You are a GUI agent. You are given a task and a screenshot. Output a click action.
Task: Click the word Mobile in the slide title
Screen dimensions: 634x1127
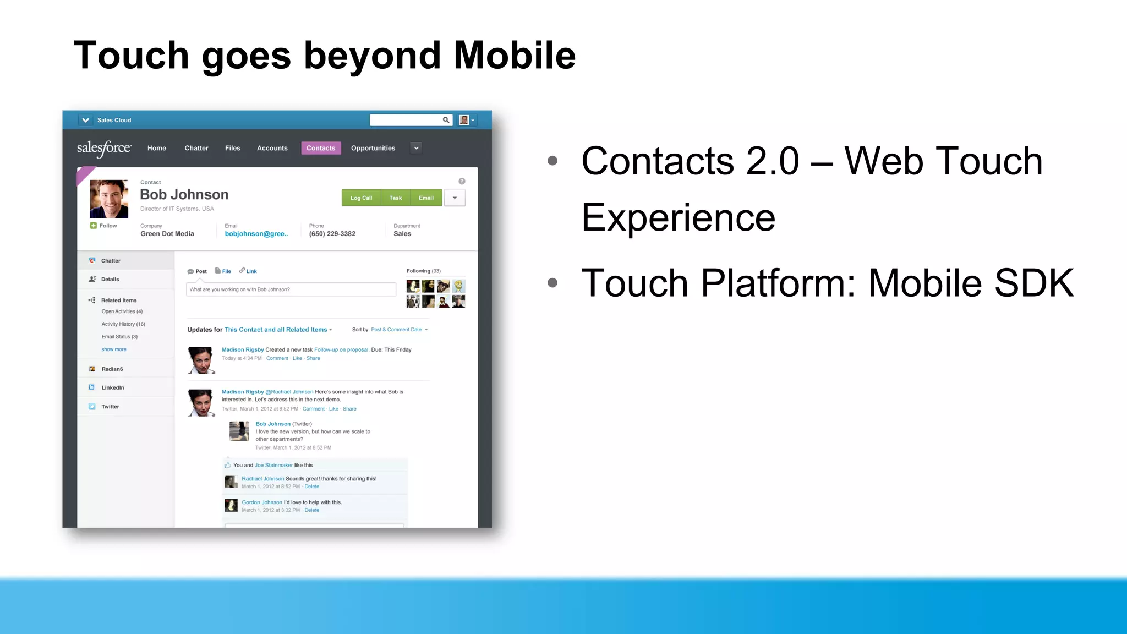pos(514,56)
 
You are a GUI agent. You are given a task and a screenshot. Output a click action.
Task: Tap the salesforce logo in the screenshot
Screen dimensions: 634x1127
pos(104,148)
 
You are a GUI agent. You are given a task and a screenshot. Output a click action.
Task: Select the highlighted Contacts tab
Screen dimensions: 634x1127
pos(321,148)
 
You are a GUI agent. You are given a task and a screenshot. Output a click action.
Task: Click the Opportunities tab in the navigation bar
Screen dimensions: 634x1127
pos(373,148)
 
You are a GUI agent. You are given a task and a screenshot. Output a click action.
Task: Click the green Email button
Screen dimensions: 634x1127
pos(426,198)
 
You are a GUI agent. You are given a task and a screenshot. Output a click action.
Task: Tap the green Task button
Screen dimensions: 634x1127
pos(396,198)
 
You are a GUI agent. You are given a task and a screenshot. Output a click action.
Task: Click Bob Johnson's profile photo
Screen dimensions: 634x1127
pos(109,199)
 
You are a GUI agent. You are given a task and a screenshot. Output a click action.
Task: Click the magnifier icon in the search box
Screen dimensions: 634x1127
pos(446,120)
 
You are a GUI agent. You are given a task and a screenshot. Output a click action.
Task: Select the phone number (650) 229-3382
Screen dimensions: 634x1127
pos(332,234)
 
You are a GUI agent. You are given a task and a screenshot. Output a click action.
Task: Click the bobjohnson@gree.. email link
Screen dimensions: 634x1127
pos(256,234)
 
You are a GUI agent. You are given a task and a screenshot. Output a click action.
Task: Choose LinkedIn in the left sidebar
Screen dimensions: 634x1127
pos(112,387)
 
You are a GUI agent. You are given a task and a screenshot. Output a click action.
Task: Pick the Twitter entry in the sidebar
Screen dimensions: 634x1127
pos(110,407)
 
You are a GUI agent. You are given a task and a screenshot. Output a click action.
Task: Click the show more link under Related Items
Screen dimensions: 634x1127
pos(114,349)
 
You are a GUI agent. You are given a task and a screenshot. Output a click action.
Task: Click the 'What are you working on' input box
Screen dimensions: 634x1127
pos(291,289)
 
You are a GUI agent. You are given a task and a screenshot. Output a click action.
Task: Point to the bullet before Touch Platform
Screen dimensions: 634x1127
pos(552,283)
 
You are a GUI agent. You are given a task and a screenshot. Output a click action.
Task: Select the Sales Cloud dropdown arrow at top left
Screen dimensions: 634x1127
pos(85,120)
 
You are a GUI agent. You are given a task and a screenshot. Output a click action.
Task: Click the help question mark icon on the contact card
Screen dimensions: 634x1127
pos(462,181)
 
